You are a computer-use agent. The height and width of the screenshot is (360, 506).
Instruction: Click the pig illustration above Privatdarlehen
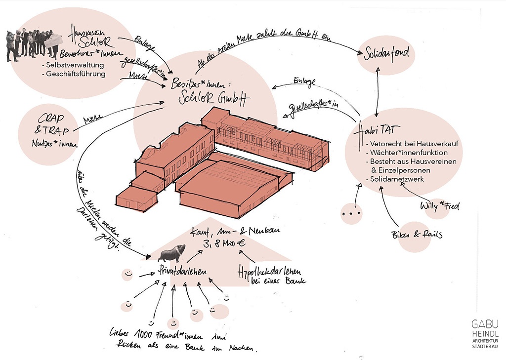click(x=172, y=253)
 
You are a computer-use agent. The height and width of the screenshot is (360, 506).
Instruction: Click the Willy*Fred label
click(x=439, y=206)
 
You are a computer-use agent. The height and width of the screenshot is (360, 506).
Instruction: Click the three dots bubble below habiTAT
click(x=351, y=214)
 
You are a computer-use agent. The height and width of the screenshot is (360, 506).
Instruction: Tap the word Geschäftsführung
click(x=74, y=74)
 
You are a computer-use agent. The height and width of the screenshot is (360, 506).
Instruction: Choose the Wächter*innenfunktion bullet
click(x=408, y=153)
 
